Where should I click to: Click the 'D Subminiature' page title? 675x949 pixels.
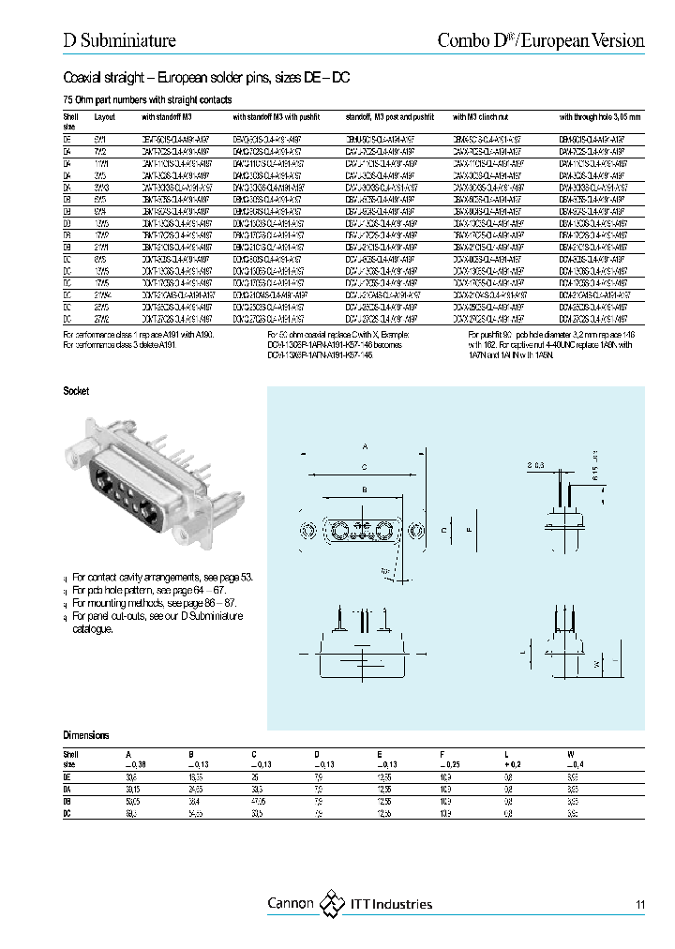(x=119, y=40)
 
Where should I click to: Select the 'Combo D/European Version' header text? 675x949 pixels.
(x=542, y=40)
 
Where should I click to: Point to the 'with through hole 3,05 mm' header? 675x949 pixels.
(x=600, y=117)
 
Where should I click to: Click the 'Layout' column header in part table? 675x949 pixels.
(x=104, y=117)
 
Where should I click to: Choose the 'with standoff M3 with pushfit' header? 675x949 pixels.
(x=277, y=117)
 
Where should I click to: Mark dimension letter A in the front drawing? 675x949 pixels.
(x=365, y=446)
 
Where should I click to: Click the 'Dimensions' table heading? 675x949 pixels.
(x=86, y=736)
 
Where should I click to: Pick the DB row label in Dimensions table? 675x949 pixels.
(x=67, y=802)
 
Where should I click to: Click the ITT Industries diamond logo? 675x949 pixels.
(x=333, y=904)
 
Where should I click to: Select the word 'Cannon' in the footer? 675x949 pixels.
(x=291, y=904)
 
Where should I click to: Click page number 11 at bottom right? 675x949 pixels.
(x=639, y=905)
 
